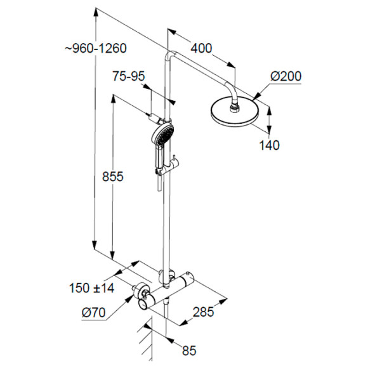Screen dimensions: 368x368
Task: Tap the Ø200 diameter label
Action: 286,77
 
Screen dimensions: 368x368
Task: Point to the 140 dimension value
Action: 269,145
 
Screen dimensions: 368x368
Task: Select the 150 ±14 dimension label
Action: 91,288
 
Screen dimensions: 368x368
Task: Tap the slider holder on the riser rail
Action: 169,168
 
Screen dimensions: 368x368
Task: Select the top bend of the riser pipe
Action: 169,54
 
